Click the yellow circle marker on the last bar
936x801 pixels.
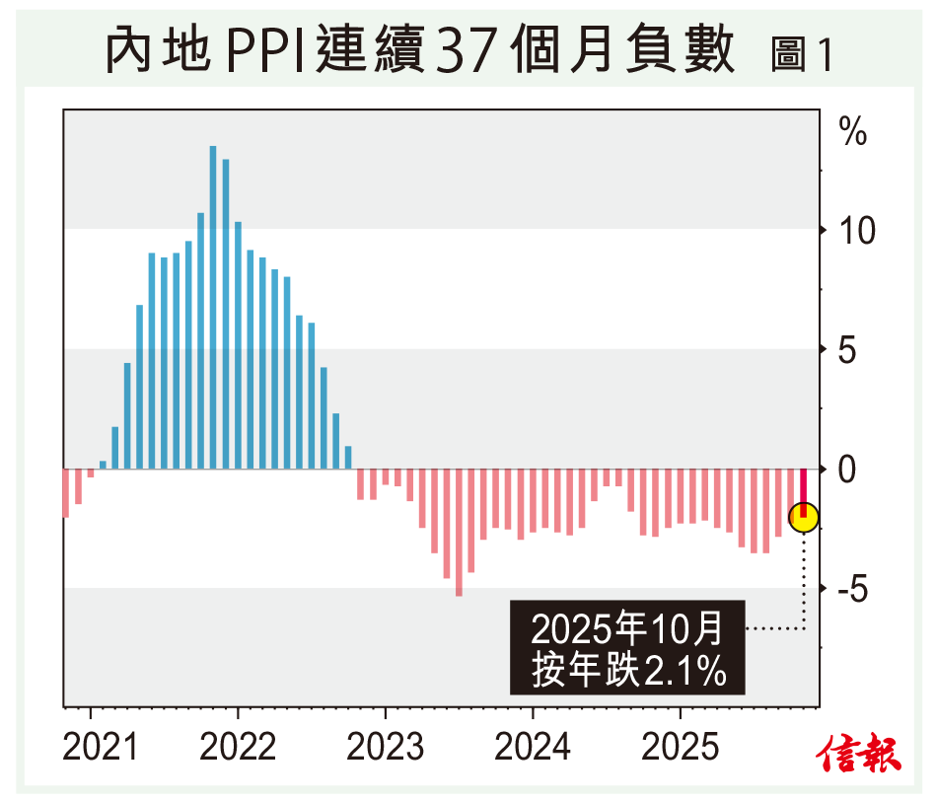804,516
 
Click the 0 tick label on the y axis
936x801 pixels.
849,471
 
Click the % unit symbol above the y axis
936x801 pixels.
852,130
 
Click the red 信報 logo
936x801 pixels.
858,753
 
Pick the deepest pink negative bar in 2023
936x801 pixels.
459,532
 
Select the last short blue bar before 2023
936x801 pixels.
348,457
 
